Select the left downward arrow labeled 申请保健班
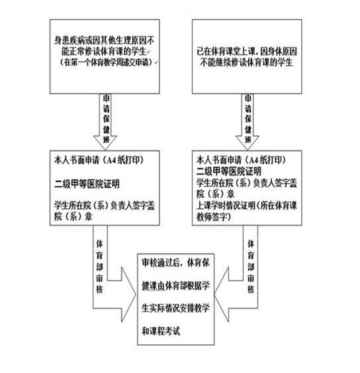tap(105, 122)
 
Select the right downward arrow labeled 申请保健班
tap(247, 122)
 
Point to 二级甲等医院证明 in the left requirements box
tap(87, 184)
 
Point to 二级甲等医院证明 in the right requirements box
tap(228, 172)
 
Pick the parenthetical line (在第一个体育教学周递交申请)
tap(106, 62)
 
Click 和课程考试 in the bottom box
tap(161, 331)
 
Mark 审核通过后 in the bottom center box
tap(161, 262)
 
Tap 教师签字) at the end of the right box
tap(213, 217)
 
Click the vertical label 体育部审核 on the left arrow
tap(99, 266)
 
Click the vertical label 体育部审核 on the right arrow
tap(251, 266)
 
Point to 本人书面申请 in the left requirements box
tap(77, 160)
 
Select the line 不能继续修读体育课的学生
tap(246, 62)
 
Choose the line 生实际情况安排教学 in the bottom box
tap(175, 308)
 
